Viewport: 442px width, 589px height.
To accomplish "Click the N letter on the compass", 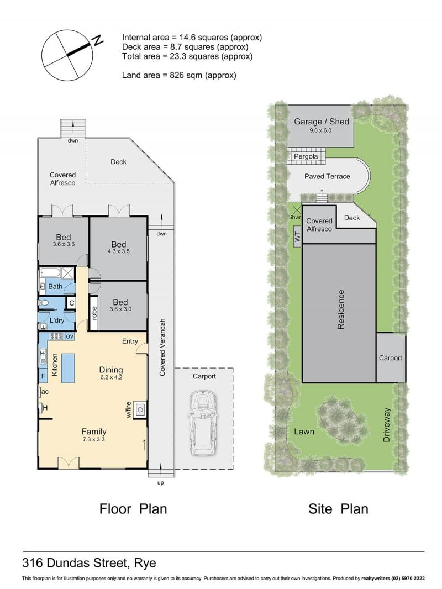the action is coord(98,40).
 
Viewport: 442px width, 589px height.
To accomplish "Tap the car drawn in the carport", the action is coord(203,423).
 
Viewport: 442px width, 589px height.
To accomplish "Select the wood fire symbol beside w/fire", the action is coord(140,409).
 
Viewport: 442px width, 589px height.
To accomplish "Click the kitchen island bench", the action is coord(67,368).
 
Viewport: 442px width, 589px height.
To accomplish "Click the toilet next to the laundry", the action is coord(44,303).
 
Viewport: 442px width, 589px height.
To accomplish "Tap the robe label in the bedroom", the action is coord(94,313).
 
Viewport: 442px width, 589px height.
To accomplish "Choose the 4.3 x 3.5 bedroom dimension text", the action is coord(119,251).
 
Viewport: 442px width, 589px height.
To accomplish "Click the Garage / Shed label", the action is coord(322,122).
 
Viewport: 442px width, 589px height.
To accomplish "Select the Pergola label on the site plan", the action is coord(306,156).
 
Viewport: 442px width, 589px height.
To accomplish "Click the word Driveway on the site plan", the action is coord(387,425).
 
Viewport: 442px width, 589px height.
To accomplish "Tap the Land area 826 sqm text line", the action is coord(179,75).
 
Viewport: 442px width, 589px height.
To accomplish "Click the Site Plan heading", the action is coord(338,509).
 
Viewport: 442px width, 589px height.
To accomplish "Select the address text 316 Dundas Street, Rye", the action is coord(89,563).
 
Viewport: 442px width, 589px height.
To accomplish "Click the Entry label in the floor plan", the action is coord(130,341).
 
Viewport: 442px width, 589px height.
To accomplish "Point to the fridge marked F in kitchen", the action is coord(43,376).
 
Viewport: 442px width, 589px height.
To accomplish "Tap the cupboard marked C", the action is coord(71,303).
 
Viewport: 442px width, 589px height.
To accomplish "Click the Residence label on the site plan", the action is coord(340,309).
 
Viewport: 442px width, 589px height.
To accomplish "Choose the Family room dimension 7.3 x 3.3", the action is coord(93,439).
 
